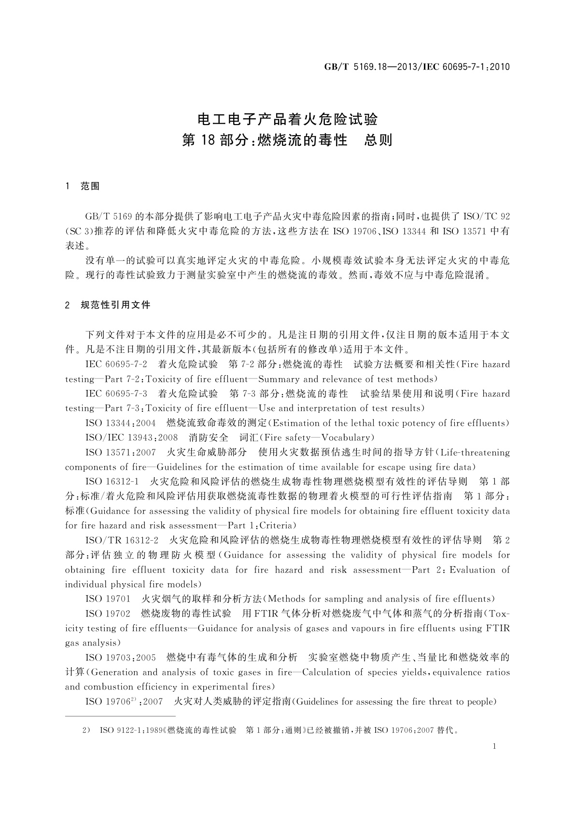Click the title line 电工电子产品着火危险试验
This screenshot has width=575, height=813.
pos(287,119)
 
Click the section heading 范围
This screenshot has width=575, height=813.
pos(90,186)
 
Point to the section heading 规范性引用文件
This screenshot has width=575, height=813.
pos(115,305)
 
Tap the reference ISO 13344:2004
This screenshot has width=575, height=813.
pos(121,423)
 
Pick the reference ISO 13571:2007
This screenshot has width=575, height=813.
pos(121,452)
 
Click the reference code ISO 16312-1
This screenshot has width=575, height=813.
pos(112,482)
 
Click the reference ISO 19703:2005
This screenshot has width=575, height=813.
pos(121,658)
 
